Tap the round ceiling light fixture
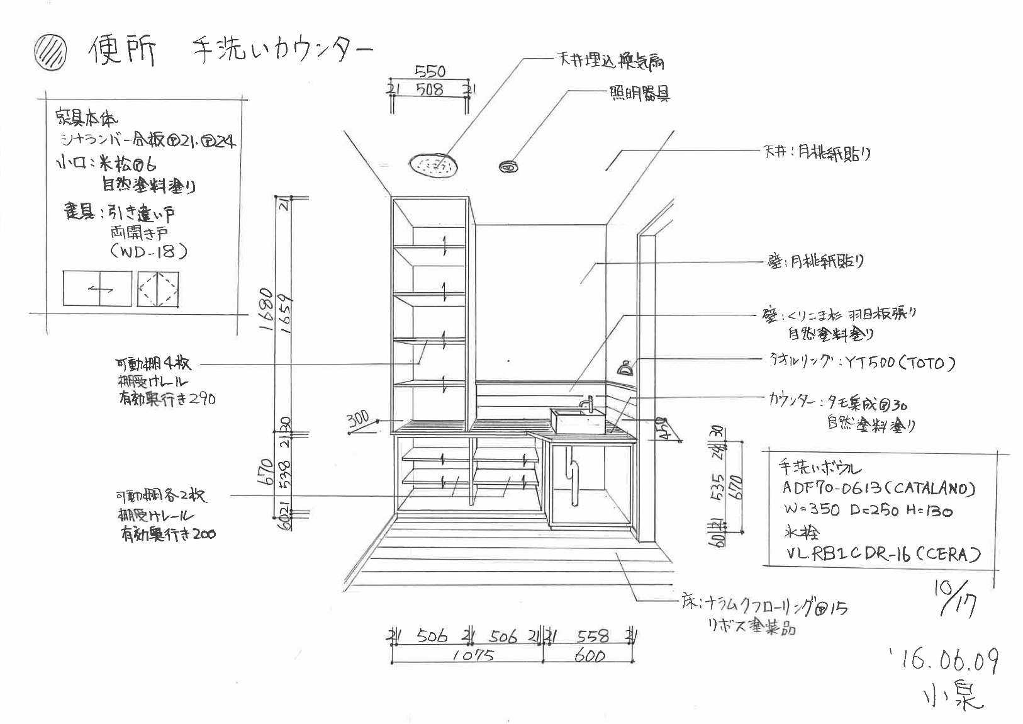[508, 167]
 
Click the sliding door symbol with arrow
[98, 289]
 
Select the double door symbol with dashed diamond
[158, 290]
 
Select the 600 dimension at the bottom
[590, 656]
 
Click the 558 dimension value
[593, 636]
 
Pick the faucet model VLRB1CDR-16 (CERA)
[883, 554]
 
